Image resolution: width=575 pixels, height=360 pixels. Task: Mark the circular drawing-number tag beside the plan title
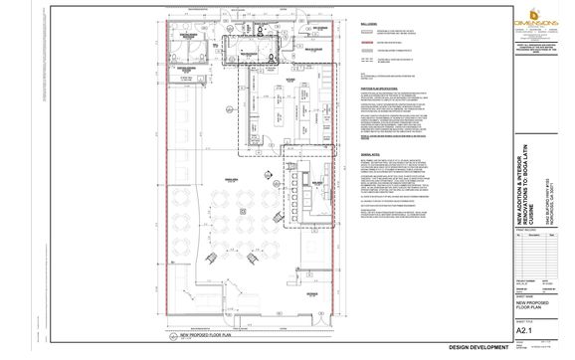(x=173, y=337)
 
